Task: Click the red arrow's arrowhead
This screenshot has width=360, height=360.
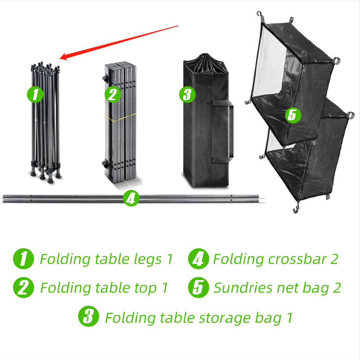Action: click(63, 57)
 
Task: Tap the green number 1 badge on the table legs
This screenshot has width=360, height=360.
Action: click(35, 95)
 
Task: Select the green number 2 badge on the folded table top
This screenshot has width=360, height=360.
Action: click(112, 95)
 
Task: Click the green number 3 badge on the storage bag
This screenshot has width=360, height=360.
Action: click(187, 95)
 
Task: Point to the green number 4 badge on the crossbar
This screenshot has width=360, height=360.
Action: click(131, 198)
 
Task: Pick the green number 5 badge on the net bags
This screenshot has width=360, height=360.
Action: click(292, 115)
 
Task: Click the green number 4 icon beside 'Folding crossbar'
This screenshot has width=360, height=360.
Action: click(198, 259)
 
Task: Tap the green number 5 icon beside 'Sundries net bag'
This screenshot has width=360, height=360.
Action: click(198, 288)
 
